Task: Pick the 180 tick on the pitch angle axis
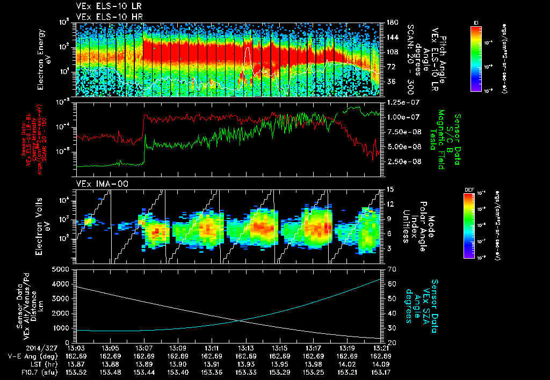pos(392,23)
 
